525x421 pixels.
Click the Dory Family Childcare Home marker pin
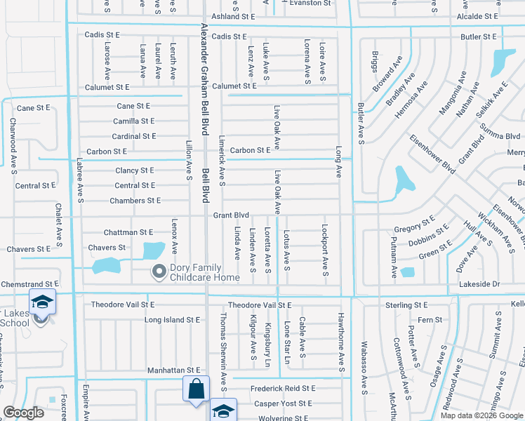159,271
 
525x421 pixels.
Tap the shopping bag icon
196,389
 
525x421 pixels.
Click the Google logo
23,413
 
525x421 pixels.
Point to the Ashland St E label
232,16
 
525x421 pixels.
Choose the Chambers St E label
135,201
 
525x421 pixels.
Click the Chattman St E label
128,232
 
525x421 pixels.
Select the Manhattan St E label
174,370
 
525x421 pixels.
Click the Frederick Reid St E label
283,388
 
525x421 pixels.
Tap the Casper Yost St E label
283,403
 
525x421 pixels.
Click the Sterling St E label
406,306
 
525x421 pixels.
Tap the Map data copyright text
481,415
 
